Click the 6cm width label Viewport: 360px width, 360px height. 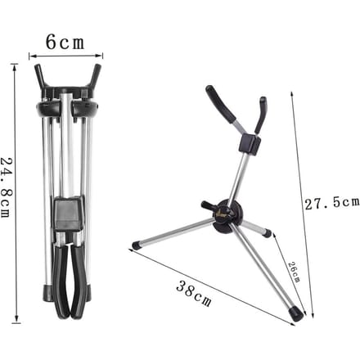65,43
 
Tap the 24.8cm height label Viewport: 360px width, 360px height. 6,187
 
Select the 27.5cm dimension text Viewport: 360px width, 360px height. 332,204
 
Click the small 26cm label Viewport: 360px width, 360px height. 295,272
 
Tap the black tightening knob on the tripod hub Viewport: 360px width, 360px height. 208,205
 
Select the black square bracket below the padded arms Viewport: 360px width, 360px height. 250,144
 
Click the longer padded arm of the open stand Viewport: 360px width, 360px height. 220,104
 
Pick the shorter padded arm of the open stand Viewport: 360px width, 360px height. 261,115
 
